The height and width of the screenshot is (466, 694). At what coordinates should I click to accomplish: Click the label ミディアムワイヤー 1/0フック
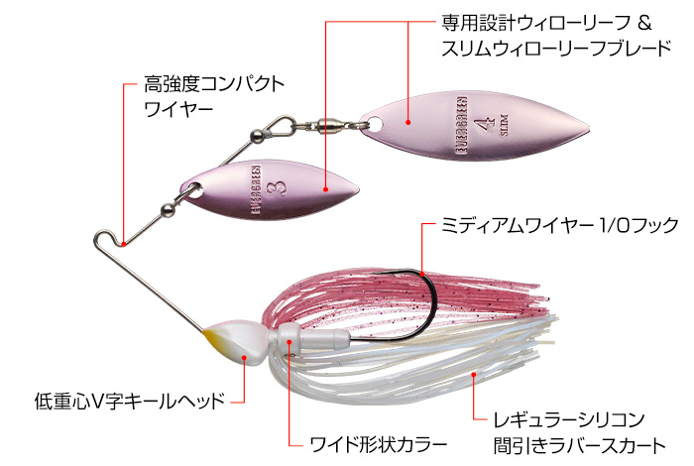tap(560, 226)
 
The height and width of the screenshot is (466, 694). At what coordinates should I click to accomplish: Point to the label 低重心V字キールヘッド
tap(124, 402)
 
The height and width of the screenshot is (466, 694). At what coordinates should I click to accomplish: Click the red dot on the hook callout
tap(422, 270)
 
